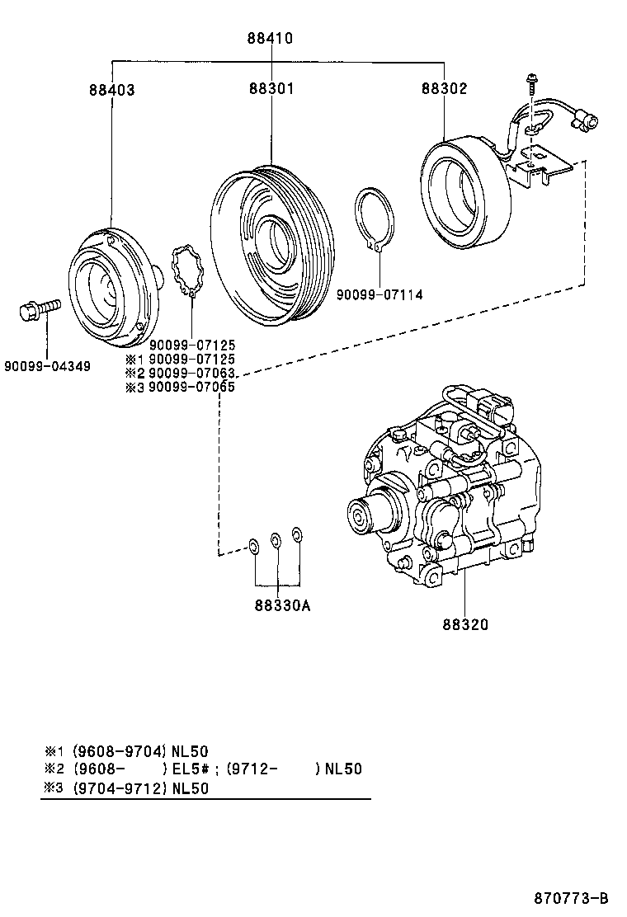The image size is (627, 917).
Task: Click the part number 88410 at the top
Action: click(x=270, y=38)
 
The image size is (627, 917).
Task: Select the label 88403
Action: click(x=111, y=90)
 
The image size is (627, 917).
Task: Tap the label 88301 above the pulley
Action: click(x=271, y=88)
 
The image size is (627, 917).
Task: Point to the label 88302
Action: click(x=445, y=88)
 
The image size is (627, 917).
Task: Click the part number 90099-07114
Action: click(x=379, y=294)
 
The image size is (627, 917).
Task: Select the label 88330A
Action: click(x=281, y=606)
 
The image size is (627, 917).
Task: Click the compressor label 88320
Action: click(x=463, y=624)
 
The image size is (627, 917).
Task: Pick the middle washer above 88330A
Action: click(x=277, y=541)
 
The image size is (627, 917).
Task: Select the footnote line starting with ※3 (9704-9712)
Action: click(x=126, y=788)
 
